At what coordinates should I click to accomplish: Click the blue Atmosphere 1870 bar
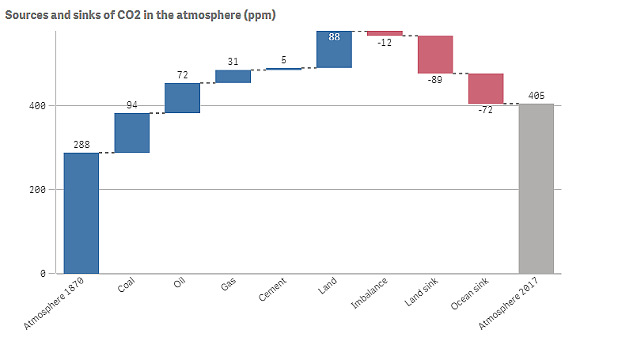coord(81,213)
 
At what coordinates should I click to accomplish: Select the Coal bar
coord(132,133)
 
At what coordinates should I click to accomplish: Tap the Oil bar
coord(182,98)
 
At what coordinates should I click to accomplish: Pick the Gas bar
coord(233,76)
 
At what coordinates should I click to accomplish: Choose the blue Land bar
coord(334,50)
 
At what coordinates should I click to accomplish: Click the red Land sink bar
coord(435,55)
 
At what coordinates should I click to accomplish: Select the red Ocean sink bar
coord(486,89)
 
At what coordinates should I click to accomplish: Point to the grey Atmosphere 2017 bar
coord(536,188)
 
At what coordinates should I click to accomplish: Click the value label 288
coord(81,146)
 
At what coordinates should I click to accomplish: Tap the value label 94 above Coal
coord(132,106)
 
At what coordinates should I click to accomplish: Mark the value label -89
coord(435,80)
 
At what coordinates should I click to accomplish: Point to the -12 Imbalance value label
coord(385,42)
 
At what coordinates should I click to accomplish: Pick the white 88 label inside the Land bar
coord(334,36)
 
